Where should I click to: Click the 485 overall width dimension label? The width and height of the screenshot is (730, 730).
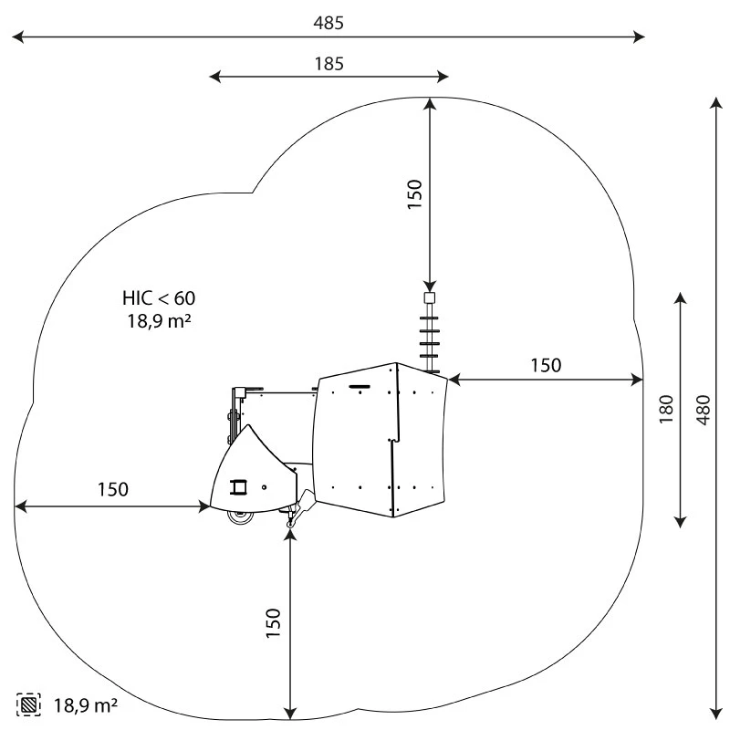328,23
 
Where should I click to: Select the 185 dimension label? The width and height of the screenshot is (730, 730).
329,64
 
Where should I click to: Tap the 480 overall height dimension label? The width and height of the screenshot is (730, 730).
704,410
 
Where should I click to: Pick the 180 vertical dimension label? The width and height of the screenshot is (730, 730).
666,409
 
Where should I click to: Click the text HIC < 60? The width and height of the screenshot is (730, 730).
159,298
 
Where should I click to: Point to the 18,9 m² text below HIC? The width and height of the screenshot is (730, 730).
159,321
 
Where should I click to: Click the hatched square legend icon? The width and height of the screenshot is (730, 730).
28,704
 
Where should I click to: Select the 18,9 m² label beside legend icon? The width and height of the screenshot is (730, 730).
86,705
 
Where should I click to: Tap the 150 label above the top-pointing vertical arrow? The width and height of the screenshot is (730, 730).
414,194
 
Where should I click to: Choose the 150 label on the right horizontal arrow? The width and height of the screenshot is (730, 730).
546,366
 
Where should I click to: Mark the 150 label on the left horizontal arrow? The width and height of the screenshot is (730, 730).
113,489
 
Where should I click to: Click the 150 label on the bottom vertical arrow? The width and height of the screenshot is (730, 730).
273,623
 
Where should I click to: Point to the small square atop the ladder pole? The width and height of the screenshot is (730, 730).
430,298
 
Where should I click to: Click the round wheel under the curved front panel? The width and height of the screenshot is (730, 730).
241,516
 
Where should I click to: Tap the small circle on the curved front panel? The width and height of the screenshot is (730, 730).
264,487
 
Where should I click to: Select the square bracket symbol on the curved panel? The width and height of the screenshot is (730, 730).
238,487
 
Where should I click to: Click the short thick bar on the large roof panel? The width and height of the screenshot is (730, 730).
360,386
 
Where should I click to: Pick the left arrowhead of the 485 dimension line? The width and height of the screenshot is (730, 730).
17,36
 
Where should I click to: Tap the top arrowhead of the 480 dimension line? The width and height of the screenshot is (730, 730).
716,103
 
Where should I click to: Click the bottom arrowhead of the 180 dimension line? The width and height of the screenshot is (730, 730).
681,522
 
